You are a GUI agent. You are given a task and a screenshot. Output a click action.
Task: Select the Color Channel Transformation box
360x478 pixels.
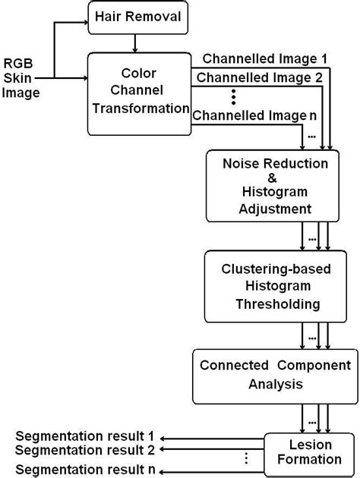click(138, 93)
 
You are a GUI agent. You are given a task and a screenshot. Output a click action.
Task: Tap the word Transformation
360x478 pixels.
click(141, 108)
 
